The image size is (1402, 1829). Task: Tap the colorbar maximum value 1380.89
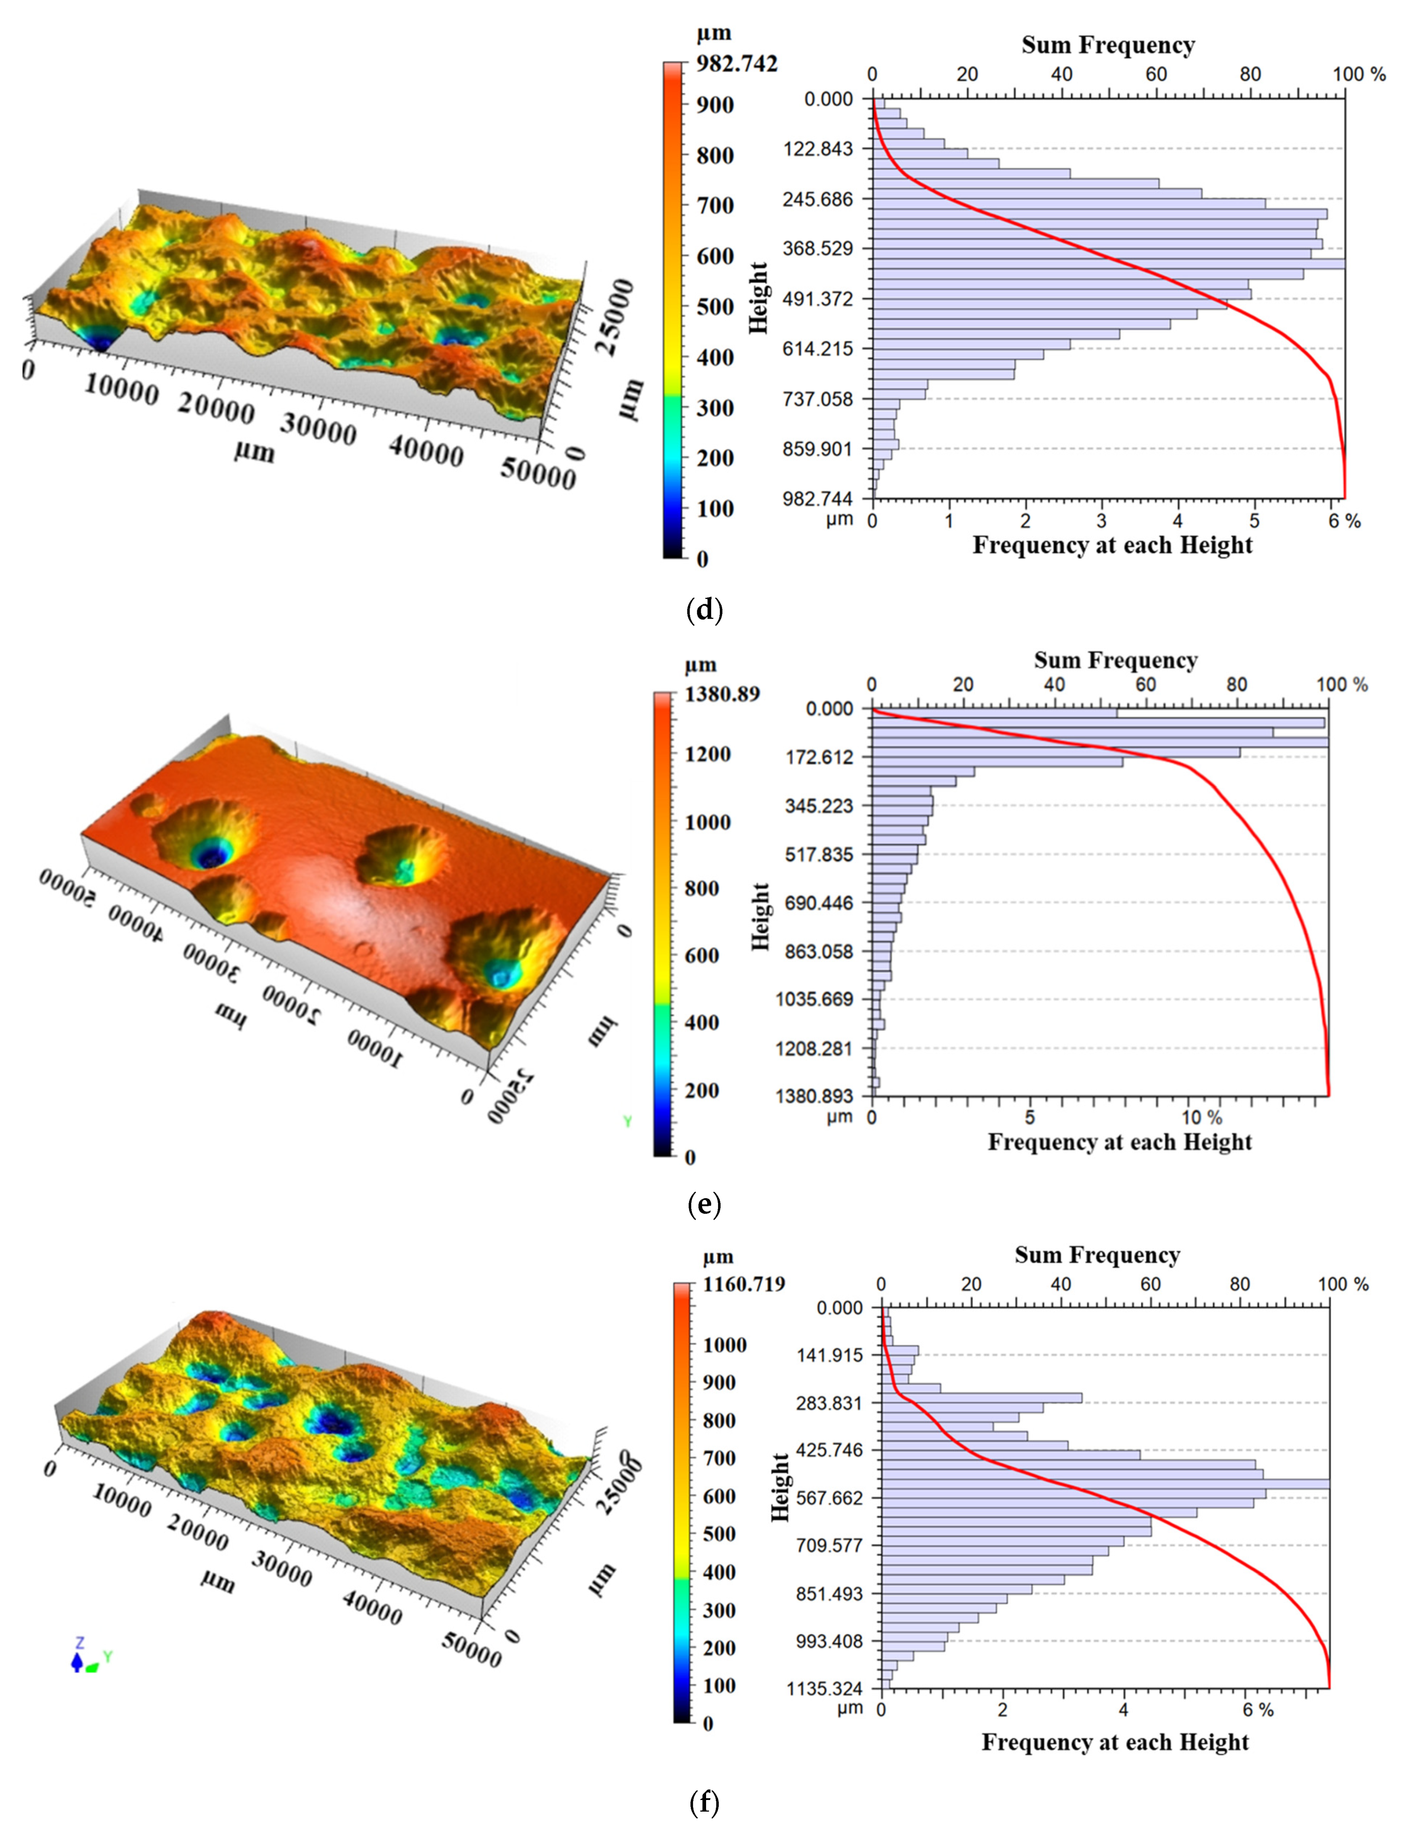pyautogui.click(x=722, y=694)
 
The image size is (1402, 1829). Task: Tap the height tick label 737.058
pyautogui.click(x=818, y=399)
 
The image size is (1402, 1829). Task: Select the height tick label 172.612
pyautogui.click(x=820, y=758)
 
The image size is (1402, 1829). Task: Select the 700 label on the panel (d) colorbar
pyautogui.click(x=715, y=205)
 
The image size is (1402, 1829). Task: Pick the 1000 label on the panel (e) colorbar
pyautogui.click(x=708, y=823)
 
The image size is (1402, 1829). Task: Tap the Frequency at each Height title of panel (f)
pyautogui.click(x=1115, y=1742)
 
